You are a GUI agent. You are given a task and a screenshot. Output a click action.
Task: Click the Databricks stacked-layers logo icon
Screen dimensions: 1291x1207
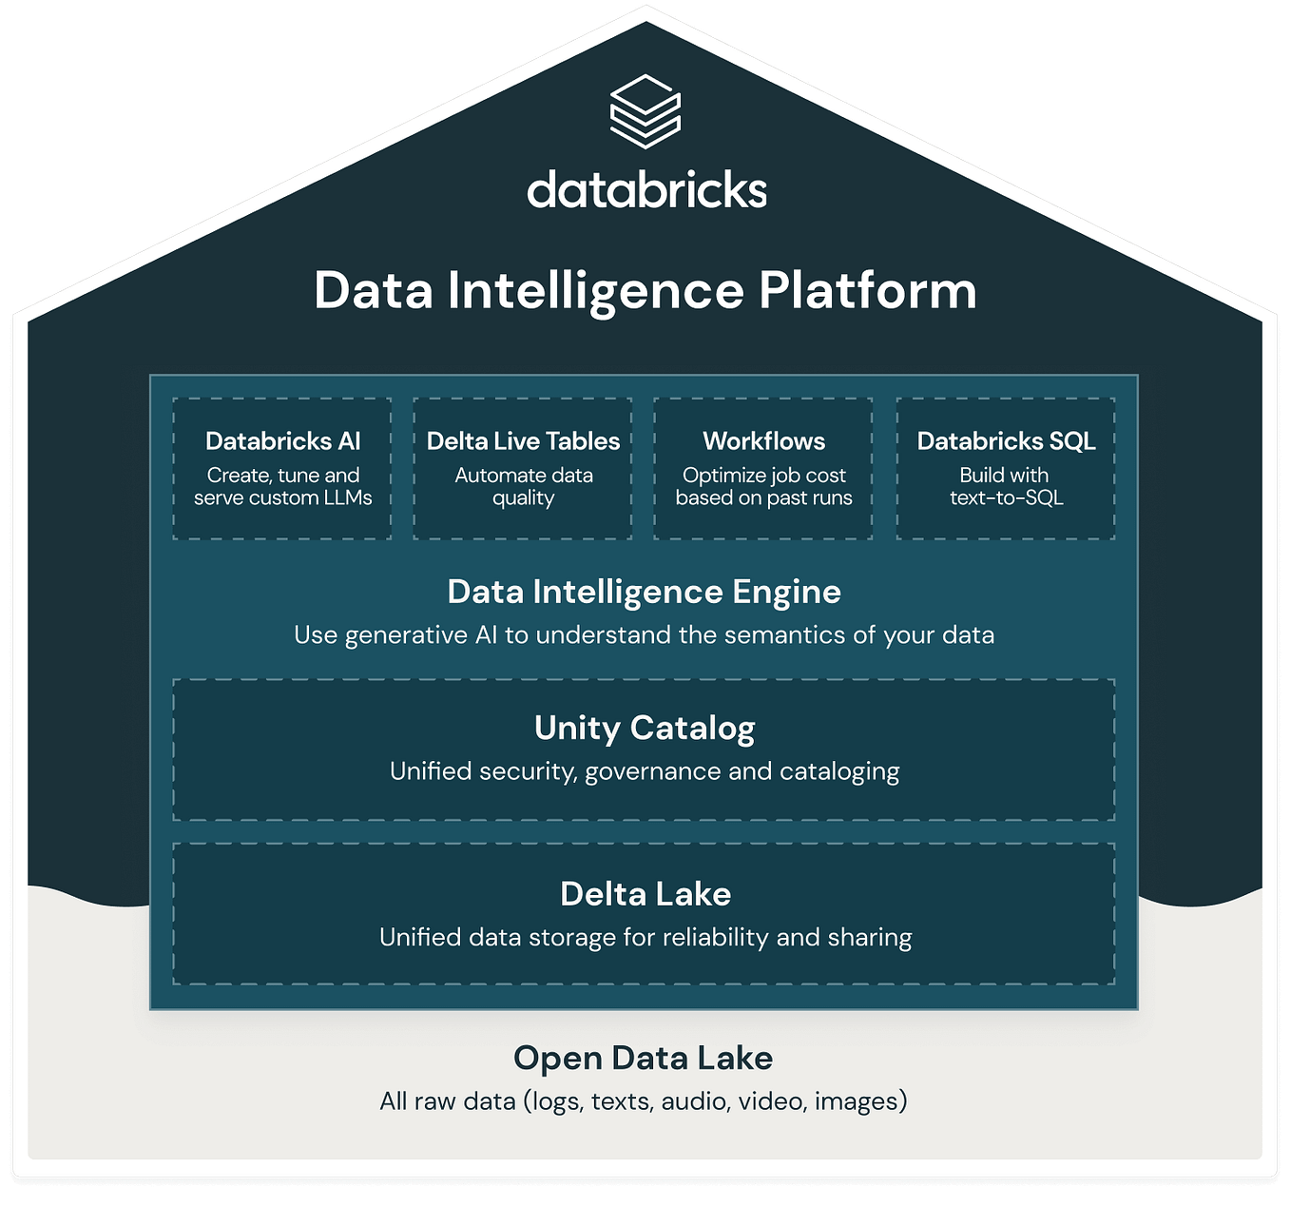tap(645, 111)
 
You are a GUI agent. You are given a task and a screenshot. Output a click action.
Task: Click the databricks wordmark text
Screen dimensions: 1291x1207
tap(646, 190)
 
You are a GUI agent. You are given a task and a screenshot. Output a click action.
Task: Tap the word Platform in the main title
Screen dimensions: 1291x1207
tap(867, 290)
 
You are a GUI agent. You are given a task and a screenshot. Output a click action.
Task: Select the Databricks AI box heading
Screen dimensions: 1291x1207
tap(282, 441)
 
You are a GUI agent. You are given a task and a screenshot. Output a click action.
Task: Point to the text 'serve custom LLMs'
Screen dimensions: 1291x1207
tap(282, 497)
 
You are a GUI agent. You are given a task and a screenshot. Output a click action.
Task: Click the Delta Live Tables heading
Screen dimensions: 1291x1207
tap(523, 441)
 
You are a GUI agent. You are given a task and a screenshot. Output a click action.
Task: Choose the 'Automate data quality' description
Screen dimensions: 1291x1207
tap(523, 486)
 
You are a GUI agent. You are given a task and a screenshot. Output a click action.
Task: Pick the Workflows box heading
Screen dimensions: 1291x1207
tap(763, 441)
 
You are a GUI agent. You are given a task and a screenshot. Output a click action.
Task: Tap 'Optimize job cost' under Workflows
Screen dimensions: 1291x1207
tap(763, 476)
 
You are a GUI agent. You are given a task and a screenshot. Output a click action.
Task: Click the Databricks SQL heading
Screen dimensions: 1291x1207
tap(1006, 441)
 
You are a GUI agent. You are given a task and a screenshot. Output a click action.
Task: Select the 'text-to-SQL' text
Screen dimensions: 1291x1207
tap(1006, 497)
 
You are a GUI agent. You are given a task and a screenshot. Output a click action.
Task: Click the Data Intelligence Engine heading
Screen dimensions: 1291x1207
tap(644, 592)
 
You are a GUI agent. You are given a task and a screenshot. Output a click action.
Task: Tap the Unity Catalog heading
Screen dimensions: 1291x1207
tap(644, 728)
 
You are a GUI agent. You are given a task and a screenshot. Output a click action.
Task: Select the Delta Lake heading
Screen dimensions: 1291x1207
tap(645, 894)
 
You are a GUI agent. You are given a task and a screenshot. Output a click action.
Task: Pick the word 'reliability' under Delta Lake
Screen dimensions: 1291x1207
tap(715, 938)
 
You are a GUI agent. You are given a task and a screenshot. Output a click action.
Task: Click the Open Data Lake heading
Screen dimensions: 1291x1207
tap(643, 1058)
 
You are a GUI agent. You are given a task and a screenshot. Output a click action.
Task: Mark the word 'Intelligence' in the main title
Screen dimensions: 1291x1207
tap(595, 291)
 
